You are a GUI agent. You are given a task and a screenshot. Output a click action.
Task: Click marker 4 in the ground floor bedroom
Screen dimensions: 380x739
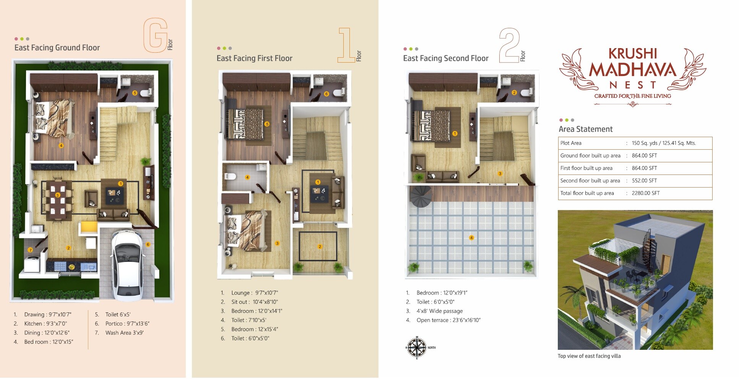point(61,146)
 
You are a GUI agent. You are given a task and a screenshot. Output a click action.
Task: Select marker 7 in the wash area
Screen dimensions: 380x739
point(30,250)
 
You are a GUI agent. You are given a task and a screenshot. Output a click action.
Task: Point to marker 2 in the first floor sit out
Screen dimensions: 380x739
point(320,247)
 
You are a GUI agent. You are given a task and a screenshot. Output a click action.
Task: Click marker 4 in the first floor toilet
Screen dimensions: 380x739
point(247,177)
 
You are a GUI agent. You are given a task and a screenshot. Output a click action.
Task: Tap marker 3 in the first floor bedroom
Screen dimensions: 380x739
point(277,243)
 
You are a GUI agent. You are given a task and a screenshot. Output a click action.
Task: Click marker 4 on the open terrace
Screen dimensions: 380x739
point(471,238)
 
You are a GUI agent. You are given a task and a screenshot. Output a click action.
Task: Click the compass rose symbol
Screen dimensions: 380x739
point(416,348)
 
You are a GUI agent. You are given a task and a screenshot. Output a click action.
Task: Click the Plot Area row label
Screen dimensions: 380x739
point(571,143)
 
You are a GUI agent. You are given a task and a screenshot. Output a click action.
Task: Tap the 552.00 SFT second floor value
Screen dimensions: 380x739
point(644,181)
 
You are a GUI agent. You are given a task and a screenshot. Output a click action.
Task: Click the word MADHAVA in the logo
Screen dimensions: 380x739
point(632,70)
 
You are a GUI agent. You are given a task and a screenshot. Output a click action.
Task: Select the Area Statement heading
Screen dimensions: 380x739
point(585,129)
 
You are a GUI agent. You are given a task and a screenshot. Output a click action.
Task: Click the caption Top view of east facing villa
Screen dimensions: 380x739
point(589,356)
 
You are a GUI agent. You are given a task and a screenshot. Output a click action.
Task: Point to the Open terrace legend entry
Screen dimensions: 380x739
point(448,320)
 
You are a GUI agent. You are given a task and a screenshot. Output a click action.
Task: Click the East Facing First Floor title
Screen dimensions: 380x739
point(254,58)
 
